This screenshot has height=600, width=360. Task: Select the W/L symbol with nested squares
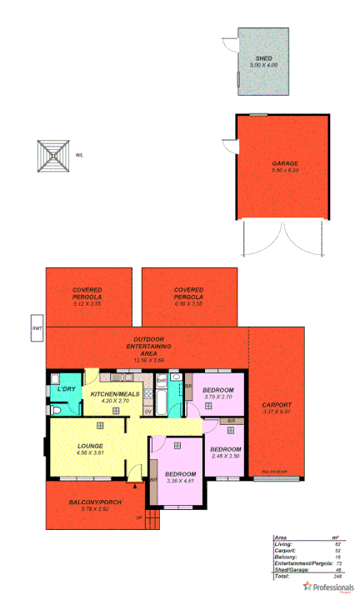click(55, 154)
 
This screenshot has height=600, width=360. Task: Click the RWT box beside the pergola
click(37, 328)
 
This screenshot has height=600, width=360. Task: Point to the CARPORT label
click(276, 404)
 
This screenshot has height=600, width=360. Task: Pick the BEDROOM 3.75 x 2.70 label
click(217, 390)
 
